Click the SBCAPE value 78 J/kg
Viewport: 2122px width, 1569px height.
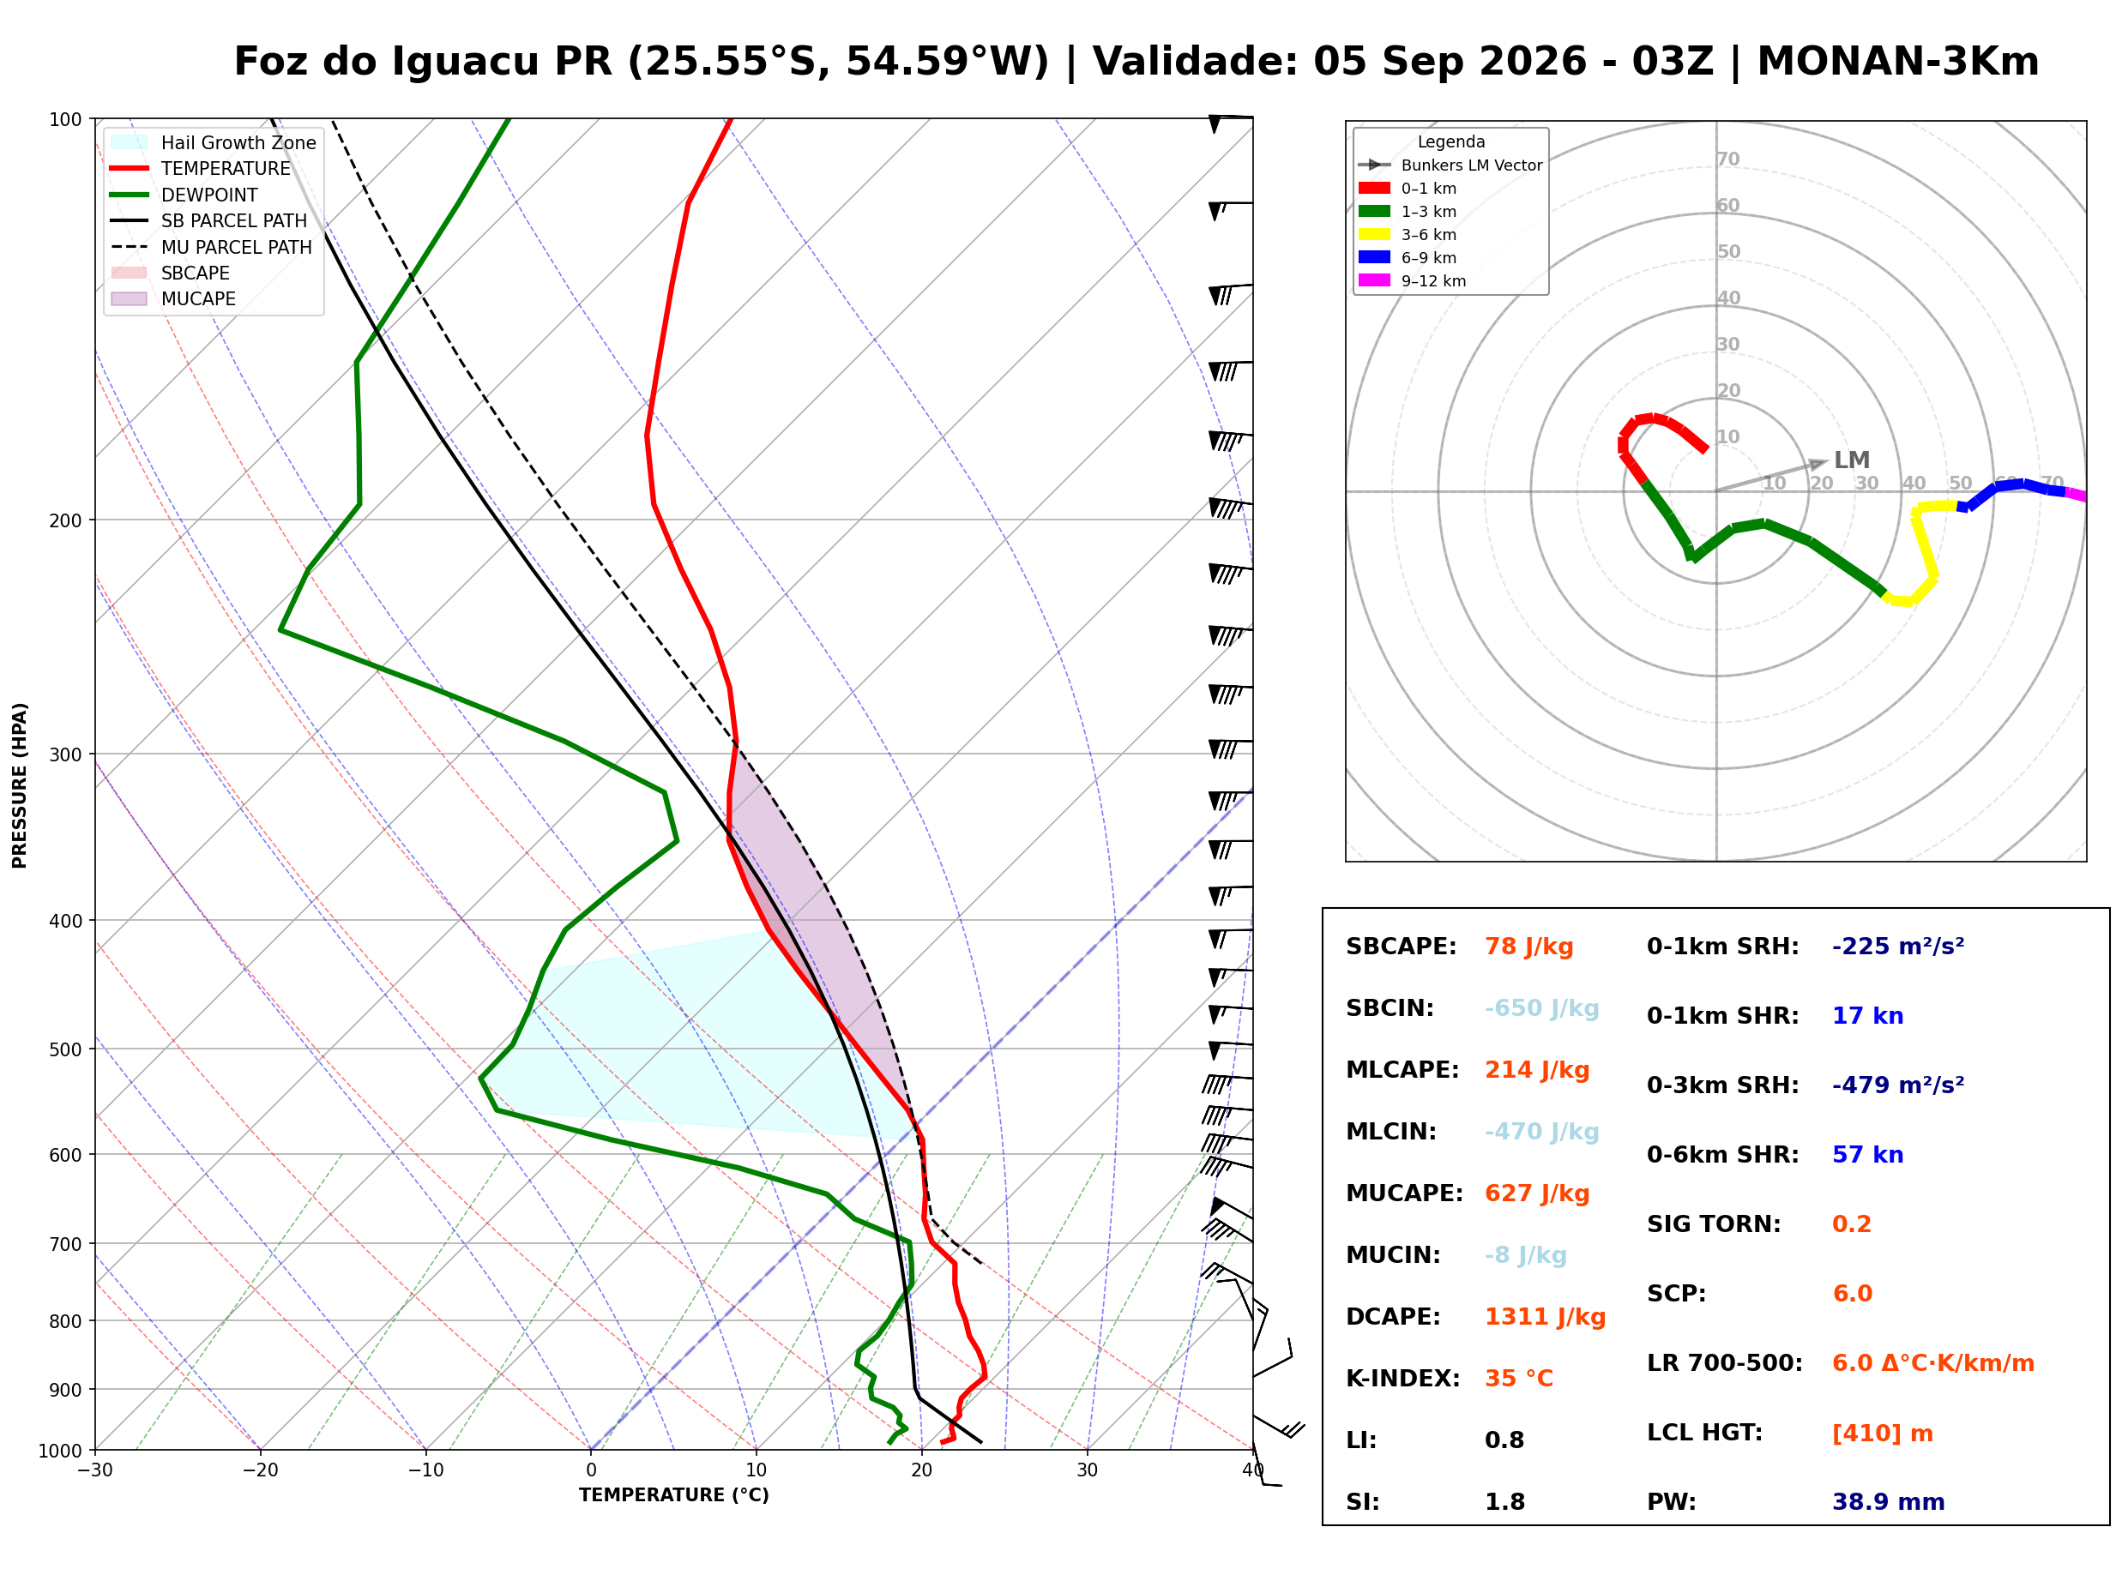[x=1529, y=947]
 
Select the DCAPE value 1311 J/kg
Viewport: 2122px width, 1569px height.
[x=1546, y=1317]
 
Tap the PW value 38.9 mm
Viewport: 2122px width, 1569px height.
[x=1889, y=1502]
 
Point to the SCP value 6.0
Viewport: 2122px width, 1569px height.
[x=1852, y=1295]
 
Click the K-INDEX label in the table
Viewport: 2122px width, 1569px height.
[x=1403, y=1379]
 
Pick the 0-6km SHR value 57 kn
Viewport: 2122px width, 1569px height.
[x=1868, y=1156]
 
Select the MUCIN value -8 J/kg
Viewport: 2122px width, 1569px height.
[x=1526, y=1255]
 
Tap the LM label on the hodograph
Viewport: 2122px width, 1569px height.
[x=1851, y=460]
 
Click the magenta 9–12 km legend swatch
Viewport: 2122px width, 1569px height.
[x=1373, y=280]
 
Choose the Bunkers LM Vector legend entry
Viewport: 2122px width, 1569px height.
[x=1450, y=165]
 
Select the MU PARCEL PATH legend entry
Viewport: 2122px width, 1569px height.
[x=211, y=247]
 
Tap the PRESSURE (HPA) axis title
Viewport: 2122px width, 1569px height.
[x=20, y=785]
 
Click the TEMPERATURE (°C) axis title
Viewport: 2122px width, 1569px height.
[x=674, y=1496]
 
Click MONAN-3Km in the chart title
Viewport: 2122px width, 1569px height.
[x=1898, y=62]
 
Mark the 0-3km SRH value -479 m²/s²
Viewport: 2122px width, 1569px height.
[x=1898, y=1085]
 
